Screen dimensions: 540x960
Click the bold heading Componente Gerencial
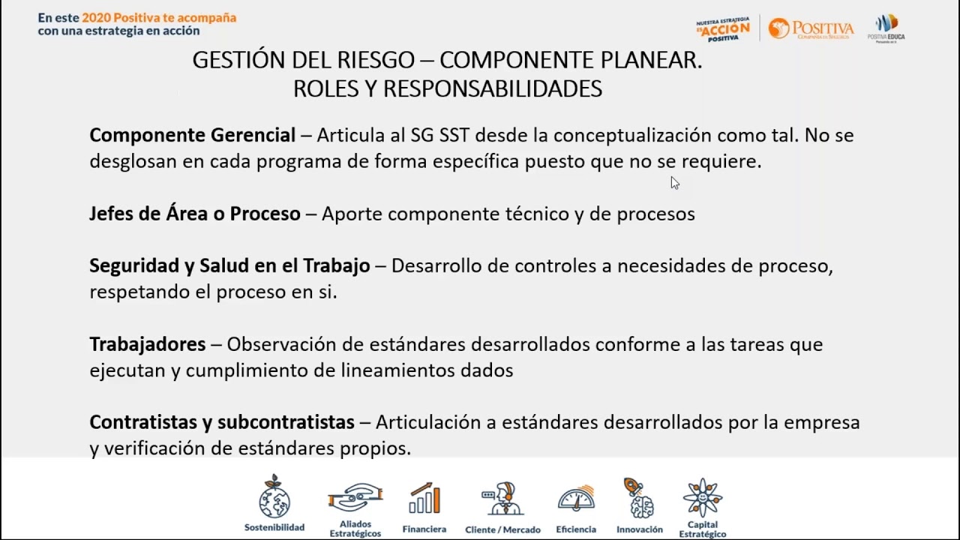coord(192,136)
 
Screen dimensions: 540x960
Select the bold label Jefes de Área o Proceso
coord(194,214)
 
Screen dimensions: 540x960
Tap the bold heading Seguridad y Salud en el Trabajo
coord(229,266)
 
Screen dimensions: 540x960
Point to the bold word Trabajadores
coord(147,344)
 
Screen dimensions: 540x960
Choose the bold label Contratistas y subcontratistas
coord(221,422)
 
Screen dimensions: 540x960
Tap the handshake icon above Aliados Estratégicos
coord(355,497)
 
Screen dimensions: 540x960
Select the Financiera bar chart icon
coord(424,499)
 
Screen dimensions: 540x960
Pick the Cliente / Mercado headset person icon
coord(502,499)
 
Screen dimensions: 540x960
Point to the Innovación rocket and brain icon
coord(639,498)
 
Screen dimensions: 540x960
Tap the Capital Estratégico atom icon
coord(703,498)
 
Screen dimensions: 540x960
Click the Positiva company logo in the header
coord(811,29)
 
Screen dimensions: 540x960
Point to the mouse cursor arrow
coord(674,182)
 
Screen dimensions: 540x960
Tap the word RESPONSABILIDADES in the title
coord(492,89)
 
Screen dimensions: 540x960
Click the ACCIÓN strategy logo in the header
coord(723,29)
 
